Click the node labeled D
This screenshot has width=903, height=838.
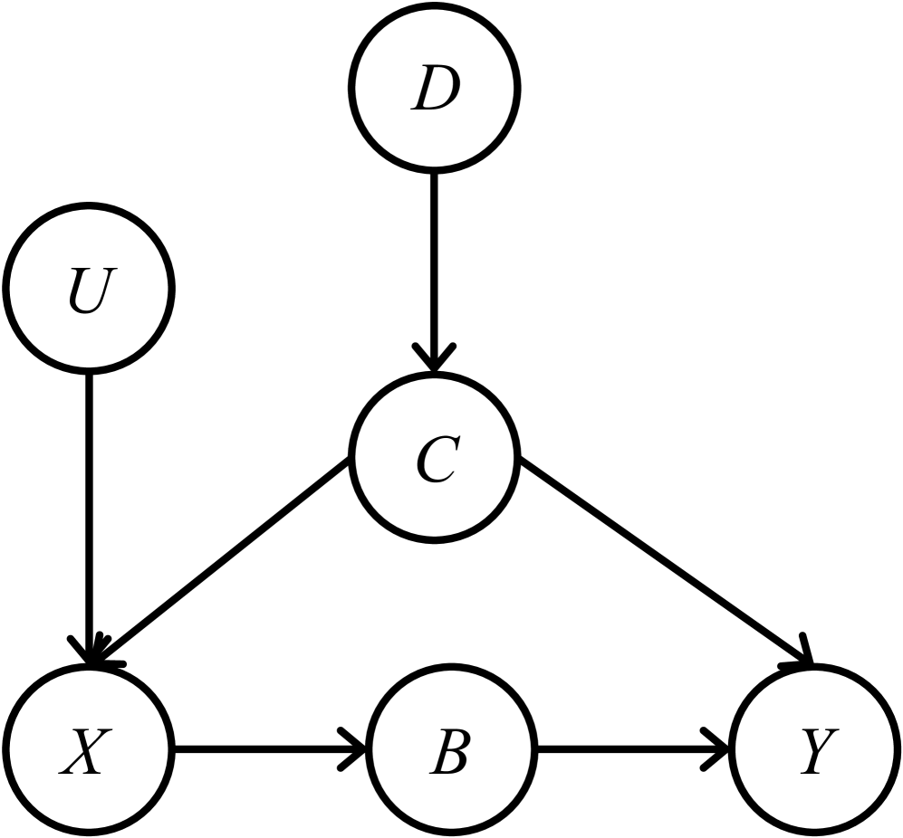(x=436, y=89)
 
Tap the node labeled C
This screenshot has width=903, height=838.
(x=436, y=460)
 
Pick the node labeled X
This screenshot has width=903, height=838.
(x=88, y=750)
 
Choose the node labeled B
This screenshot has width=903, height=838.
(x=450, y=750)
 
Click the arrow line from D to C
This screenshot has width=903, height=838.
(x=436, y=262)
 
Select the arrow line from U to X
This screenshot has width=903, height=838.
(x=88, y=507)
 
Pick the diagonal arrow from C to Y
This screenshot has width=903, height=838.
(x=661, y=561)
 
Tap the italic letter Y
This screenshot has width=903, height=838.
(x=813, y=752)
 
